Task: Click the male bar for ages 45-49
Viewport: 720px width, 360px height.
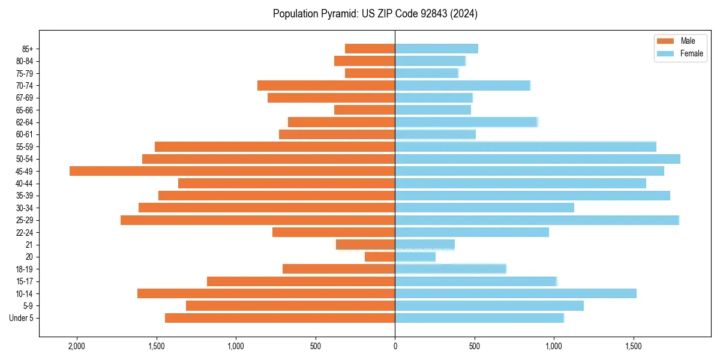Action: (232, 171)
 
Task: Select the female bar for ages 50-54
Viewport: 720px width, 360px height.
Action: (538, 159)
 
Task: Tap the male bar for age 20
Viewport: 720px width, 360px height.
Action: (380, 257)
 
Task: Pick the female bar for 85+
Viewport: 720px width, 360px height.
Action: (436, 49)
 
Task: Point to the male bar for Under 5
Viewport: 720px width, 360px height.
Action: (280, 318)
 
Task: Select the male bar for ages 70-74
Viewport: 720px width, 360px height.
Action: (326, 85)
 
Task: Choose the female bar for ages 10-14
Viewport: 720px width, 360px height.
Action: (515, 293)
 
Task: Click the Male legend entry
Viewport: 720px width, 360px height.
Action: (679, 41)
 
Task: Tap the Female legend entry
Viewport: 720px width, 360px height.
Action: (679, 53)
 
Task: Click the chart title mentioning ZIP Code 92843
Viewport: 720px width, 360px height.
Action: (375, 14)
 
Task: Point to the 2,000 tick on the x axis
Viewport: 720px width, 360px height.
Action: (77, 346)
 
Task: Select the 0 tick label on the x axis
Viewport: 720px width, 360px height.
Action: (395, 346)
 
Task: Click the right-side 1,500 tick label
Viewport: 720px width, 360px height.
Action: (634, 346)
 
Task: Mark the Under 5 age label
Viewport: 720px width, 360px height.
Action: (22, 318)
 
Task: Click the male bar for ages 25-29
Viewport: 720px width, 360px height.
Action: (257, 220)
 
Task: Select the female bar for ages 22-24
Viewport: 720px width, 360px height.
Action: (472, 232)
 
